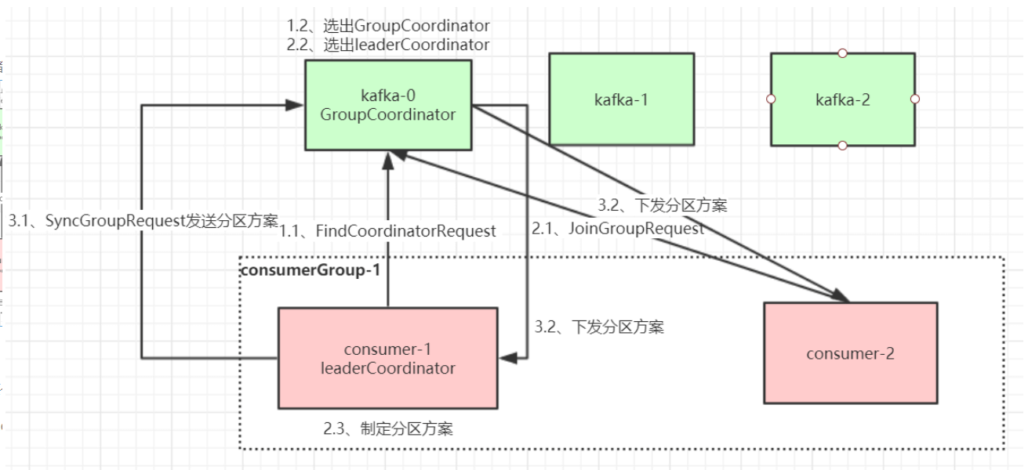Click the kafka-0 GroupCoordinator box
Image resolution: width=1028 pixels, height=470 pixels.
(387, 105)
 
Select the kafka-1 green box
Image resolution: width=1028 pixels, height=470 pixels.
(621, 99)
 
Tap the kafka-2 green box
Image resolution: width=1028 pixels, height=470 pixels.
(842, 99)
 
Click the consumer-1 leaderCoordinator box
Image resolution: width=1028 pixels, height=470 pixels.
(387, 358)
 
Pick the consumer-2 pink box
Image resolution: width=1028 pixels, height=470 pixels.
(850, 353)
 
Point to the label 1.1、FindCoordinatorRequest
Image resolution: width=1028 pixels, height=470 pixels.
(389, 231)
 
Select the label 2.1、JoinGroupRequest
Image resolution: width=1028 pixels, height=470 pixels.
(618, 230)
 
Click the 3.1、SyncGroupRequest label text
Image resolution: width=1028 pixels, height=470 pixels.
(143, 222)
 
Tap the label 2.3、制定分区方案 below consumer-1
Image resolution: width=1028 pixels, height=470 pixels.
(387, 428)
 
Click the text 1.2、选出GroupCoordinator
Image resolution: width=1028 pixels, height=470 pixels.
(387, 26)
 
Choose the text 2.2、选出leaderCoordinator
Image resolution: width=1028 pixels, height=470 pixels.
(387, 45)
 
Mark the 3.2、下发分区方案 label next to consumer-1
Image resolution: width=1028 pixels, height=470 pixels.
(599, 327)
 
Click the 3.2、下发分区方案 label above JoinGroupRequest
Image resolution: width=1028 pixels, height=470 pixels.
(663, 206)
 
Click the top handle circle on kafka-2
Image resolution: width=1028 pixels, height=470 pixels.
(842, 53)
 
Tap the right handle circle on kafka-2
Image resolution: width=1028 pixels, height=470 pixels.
(914, 99)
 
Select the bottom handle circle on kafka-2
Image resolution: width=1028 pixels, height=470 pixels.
(842, 146)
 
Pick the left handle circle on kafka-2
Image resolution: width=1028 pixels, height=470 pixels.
(771, 99)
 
